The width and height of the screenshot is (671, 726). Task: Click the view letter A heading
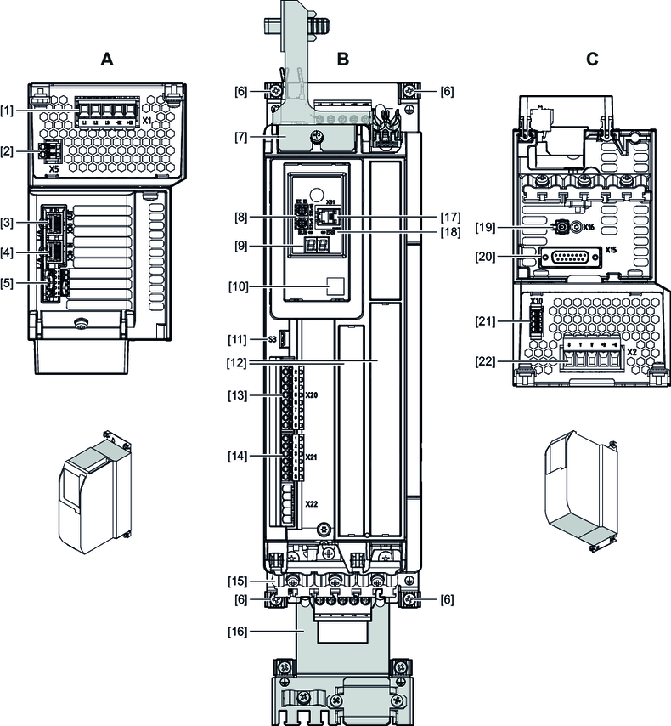click(106, 60)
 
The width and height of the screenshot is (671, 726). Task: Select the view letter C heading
click(592, 60)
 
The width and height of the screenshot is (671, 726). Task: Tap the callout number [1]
click(9, 111)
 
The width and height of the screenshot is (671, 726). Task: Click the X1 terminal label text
click(146, 121)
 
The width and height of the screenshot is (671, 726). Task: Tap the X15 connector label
click(611, 251)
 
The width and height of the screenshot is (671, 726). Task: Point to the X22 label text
click(311, 504)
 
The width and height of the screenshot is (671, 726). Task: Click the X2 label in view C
click(632, 350)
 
